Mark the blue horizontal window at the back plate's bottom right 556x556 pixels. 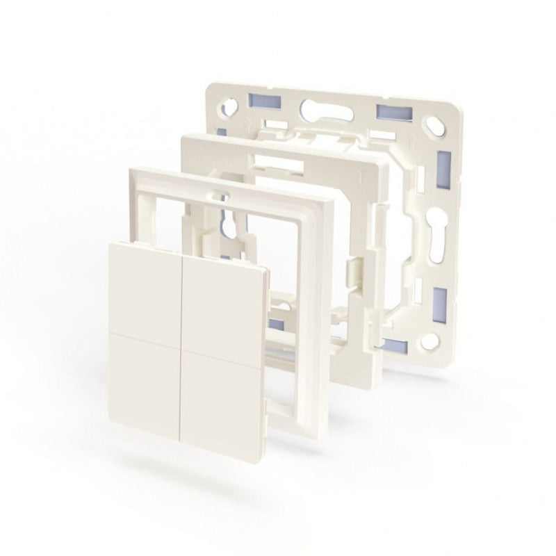click(397, 345)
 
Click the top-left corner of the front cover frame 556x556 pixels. click(131, 168)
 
